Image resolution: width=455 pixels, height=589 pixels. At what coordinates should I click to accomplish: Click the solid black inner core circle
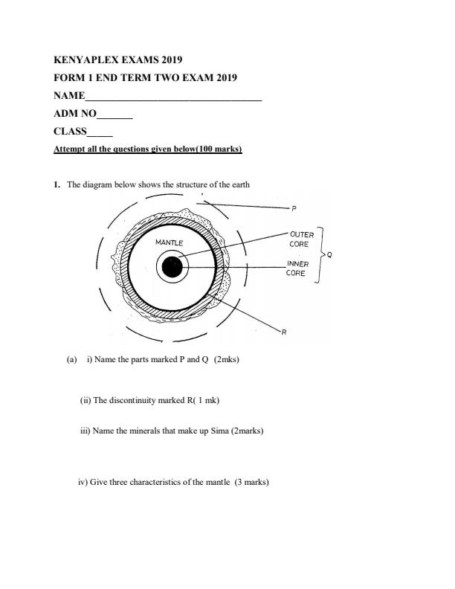click(172, 268)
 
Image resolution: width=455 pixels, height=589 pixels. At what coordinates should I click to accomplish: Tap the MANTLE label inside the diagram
click(169, 243)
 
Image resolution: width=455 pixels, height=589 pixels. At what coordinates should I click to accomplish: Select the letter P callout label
click(294, 208)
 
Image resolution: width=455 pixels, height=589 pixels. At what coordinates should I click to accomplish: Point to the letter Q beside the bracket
click(329, 254)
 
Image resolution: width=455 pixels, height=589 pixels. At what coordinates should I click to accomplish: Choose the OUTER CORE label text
click(301, 239)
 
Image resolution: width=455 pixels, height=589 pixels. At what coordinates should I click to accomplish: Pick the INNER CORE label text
click(297, 268)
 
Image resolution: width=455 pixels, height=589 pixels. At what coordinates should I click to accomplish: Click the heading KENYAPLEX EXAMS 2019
click(118, 59)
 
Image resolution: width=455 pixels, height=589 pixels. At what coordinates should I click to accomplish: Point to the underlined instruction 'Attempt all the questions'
click(148, 149)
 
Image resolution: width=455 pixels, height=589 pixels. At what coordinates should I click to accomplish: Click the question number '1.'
click(57, 185)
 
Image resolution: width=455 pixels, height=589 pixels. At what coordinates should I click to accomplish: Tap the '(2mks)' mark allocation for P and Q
click(226, 360)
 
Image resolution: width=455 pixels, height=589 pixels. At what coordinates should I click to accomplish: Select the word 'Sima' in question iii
click(199, 431)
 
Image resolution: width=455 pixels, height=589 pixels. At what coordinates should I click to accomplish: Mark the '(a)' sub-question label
click(71, 360)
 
